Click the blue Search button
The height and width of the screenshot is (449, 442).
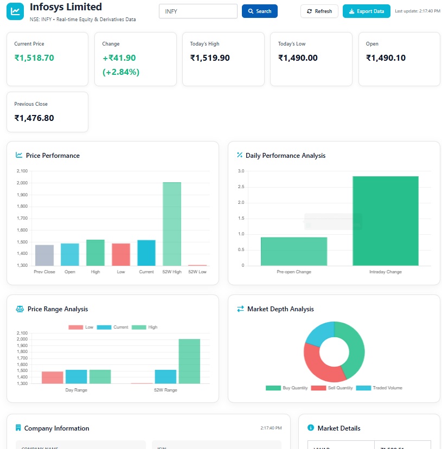click(x=259, y=11)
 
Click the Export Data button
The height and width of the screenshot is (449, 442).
click(x=366, y=11)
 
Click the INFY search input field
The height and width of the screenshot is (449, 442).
click(x=198, y=11)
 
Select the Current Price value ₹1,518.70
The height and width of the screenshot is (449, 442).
click(x=34, y=58)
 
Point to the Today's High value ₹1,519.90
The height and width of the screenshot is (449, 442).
click(x=210, y=58)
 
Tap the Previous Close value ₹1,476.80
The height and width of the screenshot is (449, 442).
click(x=34, y=118)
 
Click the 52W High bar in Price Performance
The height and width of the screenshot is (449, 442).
click(x=172, y=223)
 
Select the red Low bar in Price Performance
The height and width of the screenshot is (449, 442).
click(x=121, y=254)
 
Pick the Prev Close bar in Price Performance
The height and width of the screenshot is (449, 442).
click(x=44, y=255)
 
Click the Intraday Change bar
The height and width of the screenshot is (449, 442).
click(x=386, y=221)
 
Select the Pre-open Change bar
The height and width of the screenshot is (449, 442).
click(x=294, y=252)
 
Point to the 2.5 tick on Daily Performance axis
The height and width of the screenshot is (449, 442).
click(x=241, y=187)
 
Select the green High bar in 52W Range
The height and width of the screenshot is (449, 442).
click(x=189, y=361)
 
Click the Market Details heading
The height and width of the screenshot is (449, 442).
click(x=338, y=428)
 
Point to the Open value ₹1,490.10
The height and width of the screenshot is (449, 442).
click(x=386, y=58)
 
